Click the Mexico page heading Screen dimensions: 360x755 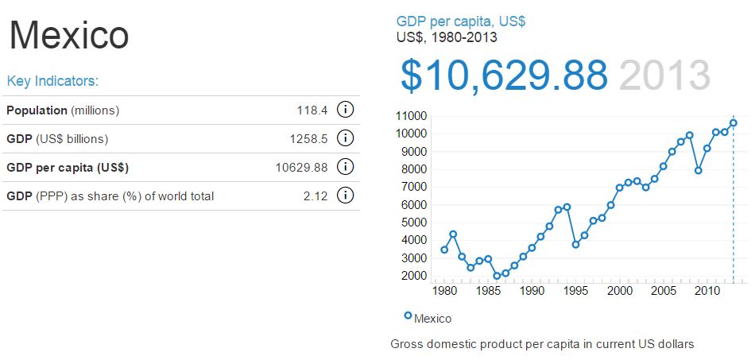68,35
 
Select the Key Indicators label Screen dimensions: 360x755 52,81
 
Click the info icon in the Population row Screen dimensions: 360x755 346,110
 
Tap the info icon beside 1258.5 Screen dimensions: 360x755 346,138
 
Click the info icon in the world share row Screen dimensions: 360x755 346,195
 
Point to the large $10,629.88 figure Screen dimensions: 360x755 504,75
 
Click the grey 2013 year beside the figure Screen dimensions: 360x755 664,75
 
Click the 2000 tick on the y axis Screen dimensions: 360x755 412,276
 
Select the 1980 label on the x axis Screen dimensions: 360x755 445,291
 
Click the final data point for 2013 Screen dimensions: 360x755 734,122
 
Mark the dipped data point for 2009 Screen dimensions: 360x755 699,170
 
